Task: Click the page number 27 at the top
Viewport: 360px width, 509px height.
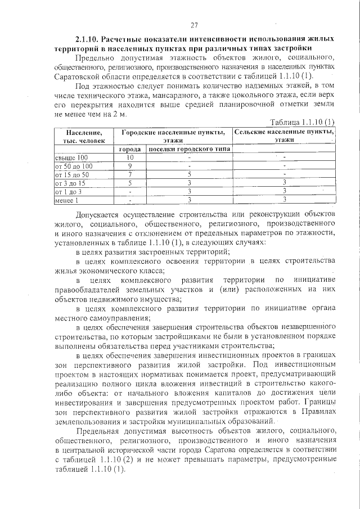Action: click(x=195, y=25)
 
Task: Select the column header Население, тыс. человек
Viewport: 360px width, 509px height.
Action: click(x=80, y=136)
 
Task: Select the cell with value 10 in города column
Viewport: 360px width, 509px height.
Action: click(x=129, y=157)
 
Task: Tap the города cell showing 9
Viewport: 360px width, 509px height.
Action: click(x=129, y=166)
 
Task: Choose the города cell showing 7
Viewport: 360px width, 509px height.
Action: click(x=129, y=174)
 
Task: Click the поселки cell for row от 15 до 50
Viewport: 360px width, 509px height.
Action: click(x=190, y=174)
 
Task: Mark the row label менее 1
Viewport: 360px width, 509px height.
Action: click(x=66, y=200)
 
